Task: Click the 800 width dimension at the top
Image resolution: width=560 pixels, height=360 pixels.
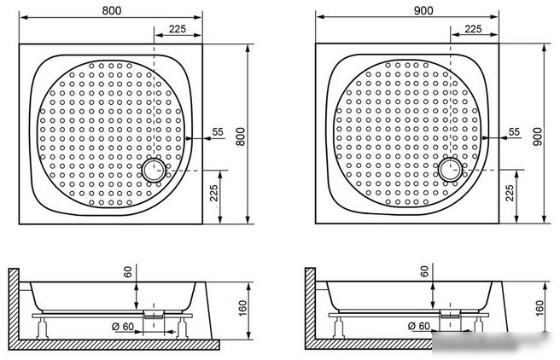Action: point(112,10)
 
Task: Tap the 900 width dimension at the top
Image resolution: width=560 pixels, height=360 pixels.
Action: point(423,10)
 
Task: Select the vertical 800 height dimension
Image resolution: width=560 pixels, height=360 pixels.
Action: point(241,136)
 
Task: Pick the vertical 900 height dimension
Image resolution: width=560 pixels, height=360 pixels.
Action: point(537,136)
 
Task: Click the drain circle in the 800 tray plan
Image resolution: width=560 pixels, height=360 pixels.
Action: point(154,170)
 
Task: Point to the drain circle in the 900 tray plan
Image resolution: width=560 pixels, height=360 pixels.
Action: point(451,170)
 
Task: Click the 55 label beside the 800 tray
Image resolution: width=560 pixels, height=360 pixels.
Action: point(218,132)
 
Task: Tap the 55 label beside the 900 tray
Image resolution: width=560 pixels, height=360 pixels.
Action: point(514,132)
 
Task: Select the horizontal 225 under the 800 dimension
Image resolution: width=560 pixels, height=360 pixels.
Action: point(178,28)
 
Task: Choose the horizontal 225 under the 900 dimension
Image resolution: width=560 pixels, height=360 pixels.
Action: point(473,28)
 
